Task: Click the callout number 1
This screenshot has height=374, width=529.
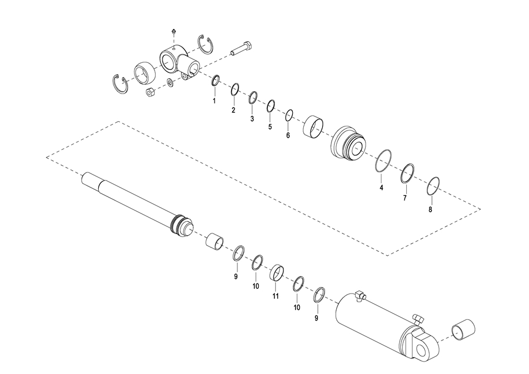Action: pos(214,101)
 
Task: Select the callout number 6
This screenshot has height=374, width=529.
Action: pos(288,135)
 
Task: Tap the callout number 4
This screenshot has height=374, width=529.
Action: pos(381,188)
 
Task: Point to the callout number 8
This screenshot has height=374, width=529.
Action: pos(430,209)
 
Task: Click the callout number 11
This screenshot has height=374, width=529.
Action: pos(276,296)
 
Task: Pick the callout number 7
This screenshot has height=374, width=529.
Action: pos(405,198)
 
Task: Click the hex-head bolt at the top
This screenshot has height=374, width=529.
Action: pos(242,48)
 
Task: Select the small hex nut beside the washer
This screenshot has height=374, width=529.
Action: pos(150,92)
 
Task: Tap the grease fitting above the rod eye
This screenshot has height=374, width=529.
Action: pos(174,31)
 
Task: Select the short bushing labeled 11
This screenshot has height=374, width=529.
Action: pos(276,272)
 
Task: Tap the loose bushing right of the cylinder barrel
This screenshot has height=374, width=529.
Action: pos(463,330)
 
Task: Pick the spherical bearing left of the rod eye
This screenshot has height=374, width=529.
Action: pos(145,74)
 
